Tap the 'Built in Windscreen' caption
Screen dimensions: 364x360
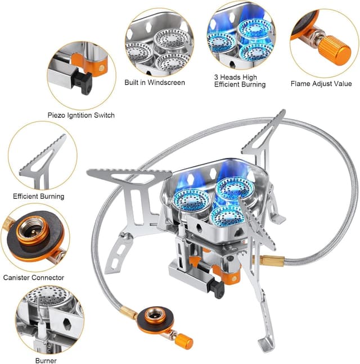[154, 83]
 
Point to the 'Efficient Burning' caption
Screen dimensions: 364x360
[38, 197]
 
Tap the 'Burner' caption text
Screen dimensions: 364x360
[46, 361]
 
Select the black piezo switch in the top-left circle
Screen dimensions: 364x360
[84, 83]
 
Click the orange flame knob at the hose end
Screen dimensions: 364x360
[183, 341]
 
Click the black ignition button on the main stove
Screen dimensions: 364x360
[217, 288]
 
